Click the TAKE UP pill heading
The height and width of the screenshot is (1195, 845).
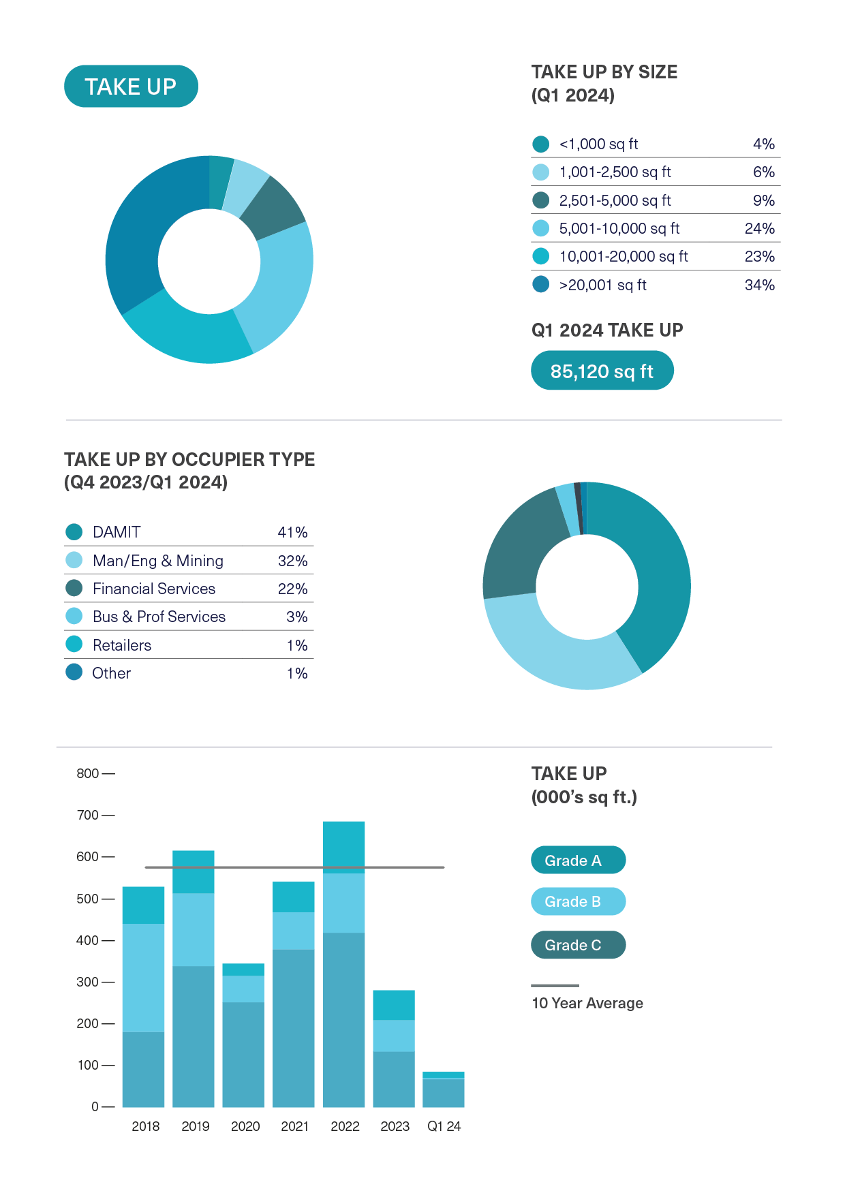coord(131,87)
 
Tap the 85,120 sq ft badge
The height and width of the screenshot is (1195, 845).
coord(602,371)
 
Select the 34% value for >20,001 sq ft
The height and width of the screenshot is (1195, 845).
coord(759,285)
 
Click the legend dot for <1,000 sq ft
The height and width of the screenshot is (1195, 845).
coord(540,144)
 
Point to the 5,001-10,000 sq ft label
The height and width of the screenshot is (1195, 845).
coord(619,228)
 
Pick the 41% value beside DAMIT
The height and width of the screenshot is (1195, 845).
coord(292,532)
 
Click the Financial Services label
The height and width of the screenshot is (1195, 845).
coord(153,589)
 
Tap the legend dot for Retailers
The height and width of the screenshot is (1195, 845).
coord(74,645)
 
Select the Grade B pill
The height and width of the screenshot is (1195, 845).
coord(578,901)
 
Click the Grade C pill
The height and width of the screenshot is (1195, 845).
coord(578,945)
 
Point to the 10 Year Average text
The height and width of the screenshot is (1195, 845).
coord(587,1003)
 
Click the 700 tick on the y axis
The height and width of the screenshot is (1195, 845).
coord(88,815)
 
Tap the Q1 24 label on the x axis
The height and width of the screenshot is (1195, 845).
coord(444,1126)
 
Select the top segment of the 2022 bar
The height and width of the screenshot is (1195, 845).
coord(343,846)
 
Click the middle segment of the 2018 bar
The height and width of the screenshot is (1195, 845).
coord(143,977)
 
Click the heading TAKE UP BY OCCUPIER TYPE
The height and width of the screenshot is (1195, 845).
coord(189,459)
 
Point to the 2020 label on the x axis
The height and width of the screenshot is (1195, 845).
coord(245,1126)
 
